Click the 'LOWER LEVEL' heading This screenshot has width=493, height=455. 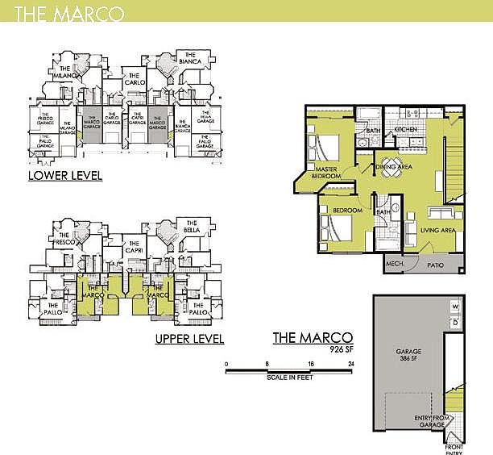64,176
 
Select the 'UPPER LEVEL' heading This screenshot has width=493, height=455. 190,339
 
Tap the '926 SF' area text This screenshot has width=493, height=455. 342,349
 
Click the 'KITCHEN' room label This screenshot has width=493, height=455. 405,130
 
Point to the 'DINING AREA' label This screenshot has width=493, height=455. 395,167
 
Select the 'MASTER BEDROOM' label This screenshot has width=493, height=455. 327,172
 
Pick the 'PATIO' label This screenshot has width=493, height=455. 436,265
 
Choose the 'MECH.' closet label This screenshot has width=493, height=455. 395,265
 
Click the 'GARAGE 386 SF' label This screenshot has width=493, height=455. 408,355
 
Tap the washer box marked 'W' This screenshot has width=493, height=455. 455,307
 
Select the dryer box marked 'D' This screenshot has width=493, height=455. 455,324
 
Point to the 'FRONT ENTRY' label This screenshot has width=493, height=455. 453,447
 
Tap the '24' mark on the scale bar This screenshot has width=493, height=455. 351,364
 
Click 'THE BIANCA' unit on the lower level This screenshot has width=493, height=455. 190,62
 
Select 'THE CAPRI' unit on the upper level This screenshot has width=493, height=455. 134,251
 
